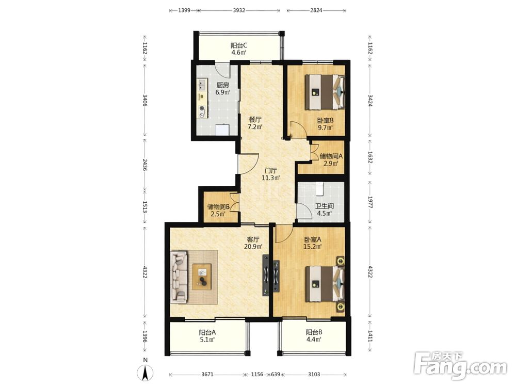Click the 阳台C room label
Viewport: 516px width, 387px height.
pos(238,46)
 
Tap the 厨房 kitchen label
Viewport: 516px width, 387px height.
pos(222,85)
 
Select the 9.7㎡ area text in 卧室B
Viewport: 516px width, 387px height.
pos(325,127)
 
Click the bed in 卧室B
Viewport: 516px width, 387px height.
pos(325,92)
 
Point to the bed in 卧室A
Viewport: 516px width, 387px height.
pos(325,284)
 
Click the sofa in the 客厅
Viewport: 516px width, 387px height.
pos(179,277)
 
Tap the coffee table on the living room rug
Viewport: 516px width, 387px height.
pos(202,277)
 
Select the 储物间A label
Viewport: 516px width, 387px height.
pos(331,156)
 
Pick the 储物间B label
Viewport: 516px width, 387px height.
pos(218,207)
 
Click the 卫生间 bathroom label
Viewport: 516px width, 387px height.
pos(325,206)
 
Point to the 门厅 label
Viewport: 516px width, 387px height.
pos(271,171)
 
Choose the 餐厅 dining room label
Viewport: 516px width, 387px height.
pos(255,120)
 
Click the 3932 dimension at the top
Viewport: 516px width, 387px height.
pos(239,10)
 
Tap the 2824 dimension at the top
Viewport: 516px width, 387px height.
pos(316,10)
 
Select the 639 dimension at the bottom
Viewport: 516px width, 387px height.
pos(276,374)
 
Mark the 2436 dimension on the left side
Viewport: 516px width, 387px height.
pos(145,165)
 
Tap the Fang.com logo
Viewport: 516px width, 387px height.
pos(460,365)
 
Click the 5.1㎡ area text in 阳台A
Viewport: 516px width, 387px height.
pos(207,340)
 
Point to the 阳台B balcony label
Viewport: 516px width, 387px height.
pos(314,332)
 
